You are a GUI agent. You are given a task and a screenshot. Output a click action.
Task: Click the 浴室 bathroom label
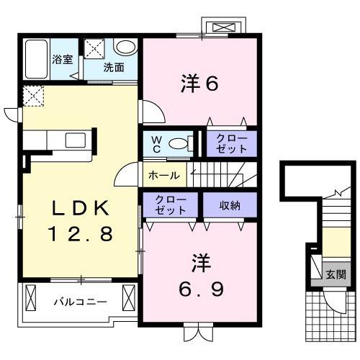click(63, 59)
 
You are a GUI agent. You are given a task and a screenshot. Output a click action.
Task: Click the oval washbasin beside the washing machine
click(126, 48)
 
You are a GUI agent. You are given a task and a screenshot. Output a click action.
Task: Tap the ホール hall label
click(164, 174)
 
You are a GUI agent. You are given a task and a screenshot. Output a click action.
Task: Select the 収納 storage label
click(230, 204)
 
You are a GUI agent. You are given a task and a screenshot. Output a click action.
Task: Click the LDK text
click(79, 209)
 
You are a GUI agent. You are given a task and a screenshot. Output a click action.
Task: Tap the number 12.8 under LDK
click(79, 233)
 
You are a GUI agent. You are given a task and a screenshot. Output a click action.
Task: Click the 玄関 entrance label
click(335, 274)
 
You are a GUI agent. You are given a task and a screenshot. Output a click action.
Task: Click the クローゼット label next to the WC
click(230, 143)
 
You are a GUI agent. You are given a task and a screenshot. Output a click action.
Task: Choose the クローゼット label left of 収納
click(171, 204)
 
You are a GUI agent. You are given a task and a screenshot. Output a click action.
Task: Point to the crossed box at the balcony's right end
click(130, 296)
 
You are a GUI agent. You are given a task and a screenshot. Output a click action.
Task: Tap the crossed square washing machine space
click(95, 49)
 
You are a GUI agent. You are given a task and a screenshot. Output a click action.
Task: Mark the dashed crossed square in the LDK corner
click(33, 95)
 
